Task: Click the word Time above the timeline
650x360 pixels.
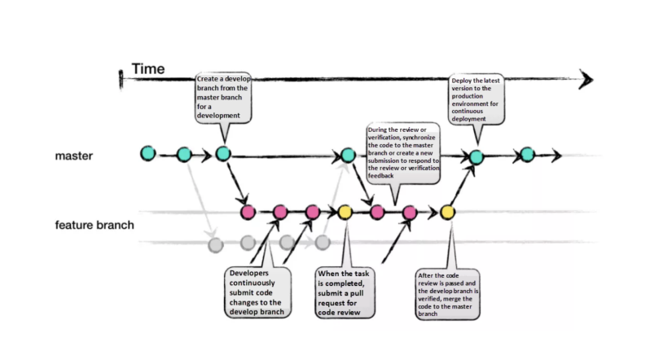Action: pos(149,69)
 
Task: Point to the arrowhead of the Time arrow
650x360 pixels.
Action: pos(586,79)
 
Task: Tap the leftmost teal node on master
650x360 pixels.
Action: pos(147,152)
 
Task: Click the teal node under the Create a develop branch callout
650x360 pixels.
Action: pos(223,153)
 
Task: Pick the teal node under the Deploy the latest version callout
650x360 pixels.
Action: pos(477,156)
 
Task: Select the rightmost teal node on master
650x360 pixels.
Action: pos(527,154)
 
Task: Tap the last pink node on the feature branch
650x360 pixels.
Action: pos(410,213)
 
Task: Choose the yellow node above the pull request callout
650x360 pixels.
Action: pos(345,213)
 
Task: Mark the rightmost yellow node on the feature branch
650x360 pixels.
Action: pos(447,213)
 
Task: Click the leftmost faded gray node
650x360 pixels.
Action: pos(215,243)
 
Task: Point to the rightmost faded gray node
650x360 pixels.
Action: pos(323,242)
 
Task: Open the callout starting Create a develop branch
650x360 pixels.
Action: pos(223,99)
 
